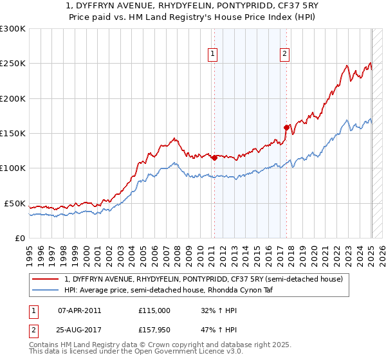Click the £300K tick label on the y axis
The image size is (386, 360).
click(13, 29)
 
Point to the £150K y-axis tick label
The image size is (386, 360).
click(13, 134)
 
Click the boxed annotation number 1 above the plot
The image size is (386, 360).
click(212, 54)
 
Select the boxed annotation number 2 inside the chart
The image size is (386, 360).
click(284, 54)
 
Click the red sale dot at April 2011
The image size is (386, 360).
click(214, 157)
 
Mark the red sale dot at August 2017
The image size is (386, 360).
click(286, 127)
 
